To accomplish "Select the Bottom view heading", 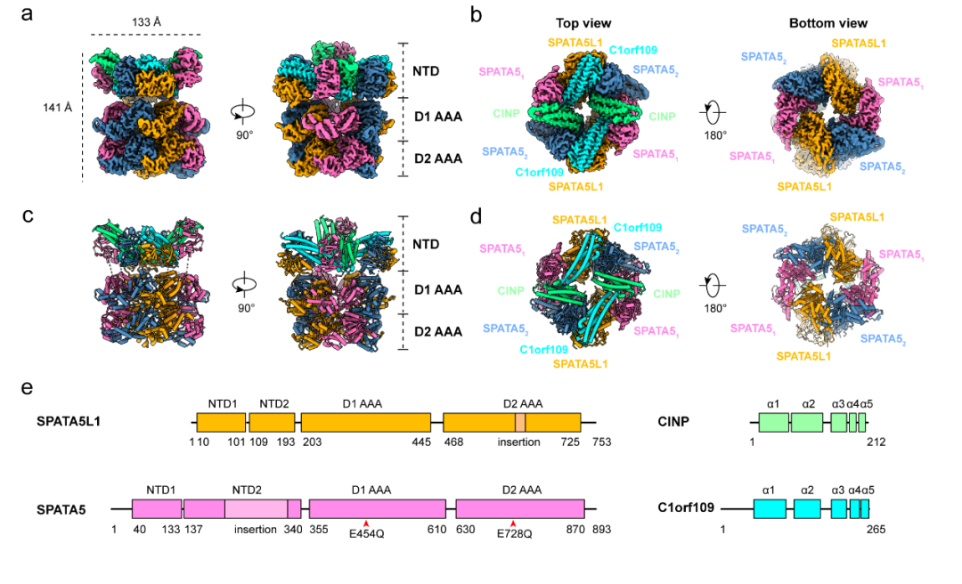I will click(827, 22).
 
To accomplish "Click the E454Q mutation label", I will click(366, 534).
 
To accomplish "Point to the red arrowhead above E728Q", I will click(513, 523).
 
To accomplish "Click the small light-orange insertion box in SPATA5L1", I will click(520, 422).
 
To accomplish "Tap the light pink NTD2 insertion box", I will click(256, 508).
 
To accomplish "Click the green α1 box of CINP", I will click(770, 422).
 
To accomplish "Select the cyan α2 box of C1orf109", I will click(807, 508).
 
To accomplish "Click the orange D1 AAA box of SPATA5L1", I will click(365, 422).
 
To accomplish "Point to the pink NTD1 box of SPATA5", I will click(157, 508).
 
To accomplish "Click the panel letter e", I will click(28, 389).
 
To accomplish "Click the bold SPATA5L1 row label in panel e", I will click(69, 421).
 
